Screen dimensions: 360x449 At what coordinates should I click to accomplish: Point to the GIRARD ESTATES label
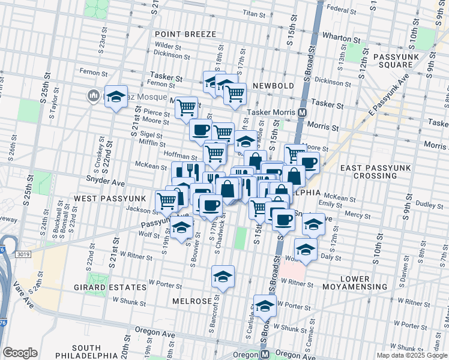coord(118,287)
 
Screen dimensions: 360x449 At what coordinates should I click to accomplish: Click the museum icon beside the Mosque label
coord(93,95)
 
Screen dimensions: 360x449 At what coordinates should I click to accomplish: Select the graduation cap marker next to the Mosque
coord(116,97)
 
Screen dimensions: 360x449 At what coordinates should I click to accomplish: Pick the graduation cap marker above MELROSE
coord(223,277)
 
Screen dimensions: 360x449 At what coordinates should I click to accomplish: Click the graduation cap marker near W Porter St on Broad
coord(264,306)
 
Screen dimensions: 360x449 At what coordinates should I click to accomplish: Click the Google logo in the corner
coord(20,353)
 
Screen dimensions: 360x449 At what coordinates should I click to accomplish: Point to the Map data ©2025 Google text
coord(412,355)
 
